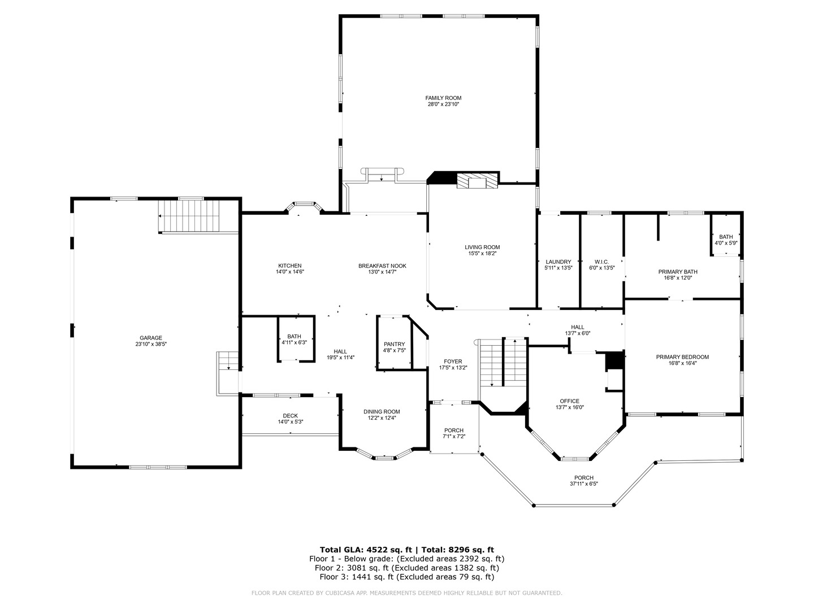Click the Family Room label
(443, 98)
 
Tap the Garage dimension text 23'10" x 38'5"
(151, 344)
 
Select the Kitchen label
(289, 265)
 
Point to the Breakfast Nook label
(382, 265)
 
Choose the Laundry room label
(558, 262)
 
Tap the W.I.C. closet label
(601, 262)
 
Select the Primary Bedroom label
(682, 357)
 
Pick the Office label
(569, 401)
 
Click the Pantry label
(394, 344)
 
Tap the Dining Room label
(382, 411)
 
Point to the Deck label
(291, 416)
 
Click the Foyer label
(453, 361)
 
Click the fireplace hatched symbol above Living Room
(478, 181)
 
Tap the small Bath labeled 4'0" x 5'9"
(726, 239)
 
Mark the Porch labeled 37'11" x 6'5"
(583, 481)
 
